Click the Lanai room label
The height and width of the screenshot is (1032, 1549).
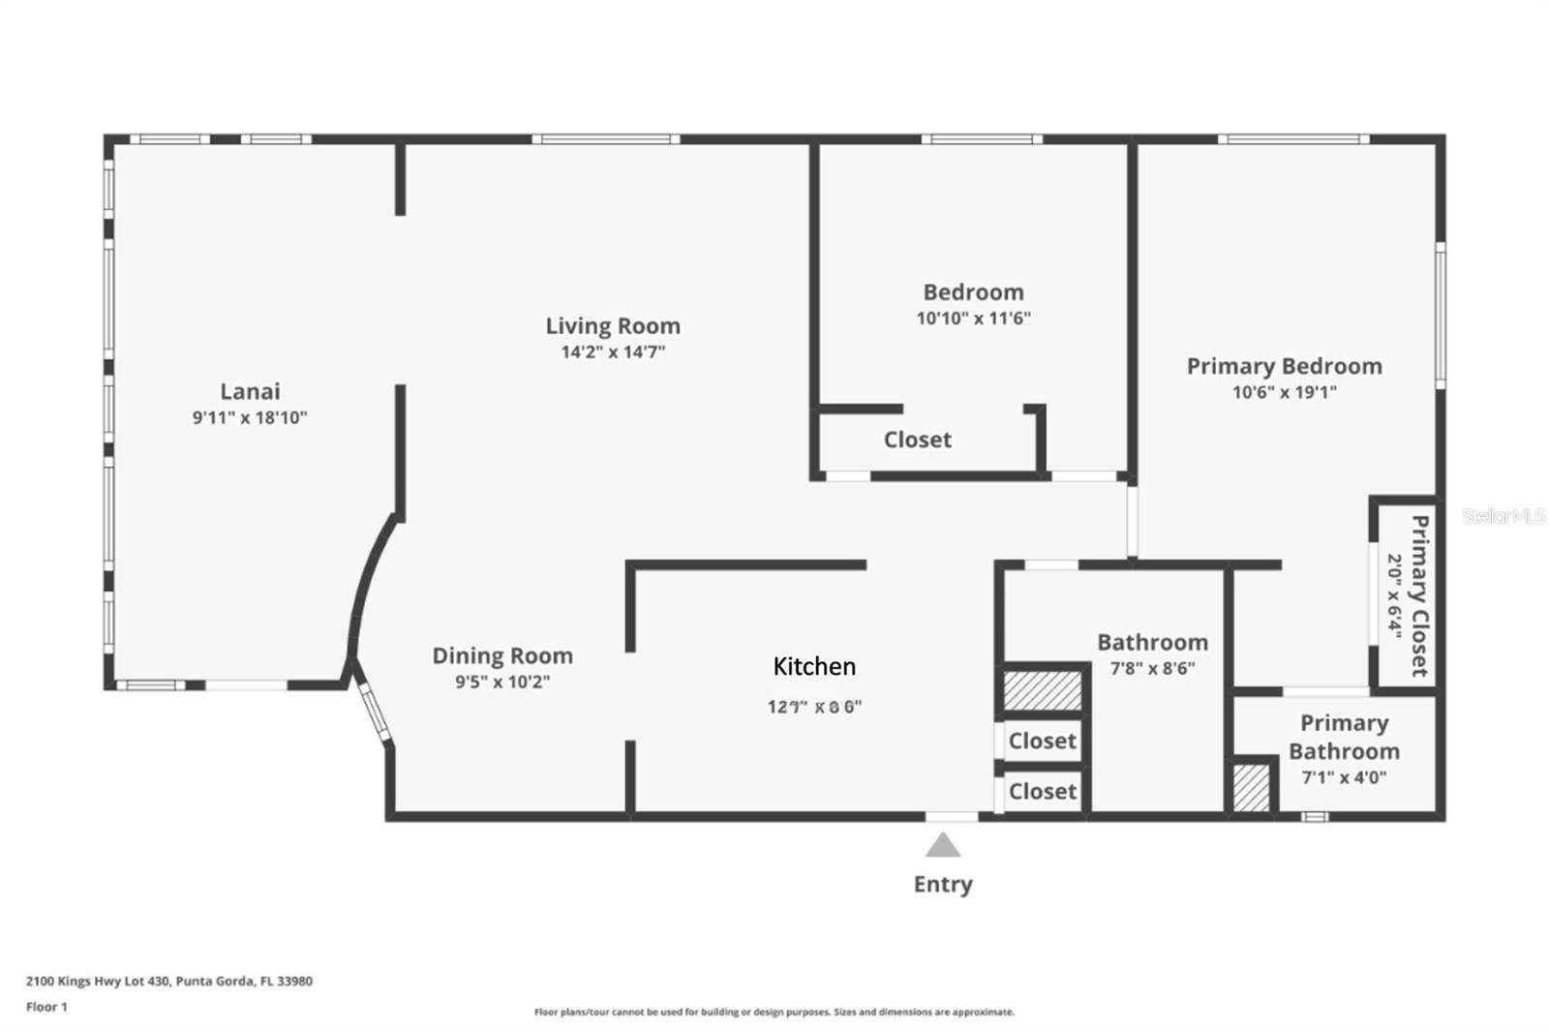pos(250,391)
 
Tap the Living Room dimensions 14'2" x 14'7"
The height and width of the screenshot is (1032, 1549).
pos(613,352)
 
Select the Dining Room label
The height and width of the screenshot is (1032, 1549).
pos(501,655)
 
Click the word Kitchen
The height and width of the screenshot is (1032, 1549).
pos(814,666)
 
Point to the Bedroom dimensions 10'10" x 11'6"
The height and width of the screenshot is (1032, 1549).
pos(973,319)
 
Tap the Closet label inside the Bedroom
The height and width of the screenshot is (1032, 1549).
pos(917,440)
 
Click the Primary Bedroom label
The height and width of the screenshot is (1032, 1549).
pos(1284,366)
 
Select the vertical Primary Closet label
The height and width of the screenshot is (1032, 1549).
pos(1419,595)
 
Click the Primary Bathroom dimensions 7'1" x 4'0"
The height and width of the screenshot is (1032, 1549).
pos(1343,777)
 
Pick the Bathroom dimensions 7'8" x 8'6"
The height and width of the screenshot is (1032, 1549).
pos(1152,668)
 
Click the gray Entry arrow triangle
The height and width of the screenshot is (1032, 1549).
pos(942,847)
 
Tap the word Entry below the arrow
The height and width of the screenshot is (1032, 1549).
pos(943,884)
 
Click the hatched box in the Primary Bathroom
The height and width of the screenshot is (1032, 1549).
pos(1251,788)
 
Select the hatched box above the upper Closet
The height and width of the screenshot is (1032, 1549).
pos(1042,690)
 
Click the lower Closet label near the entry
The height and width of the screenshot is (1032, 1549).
pos(1042,791)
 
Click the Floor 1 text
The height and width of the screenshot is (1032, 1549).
pos(46,1007)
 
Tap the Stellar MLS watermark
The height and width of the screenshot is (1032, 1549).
pos(1503,516)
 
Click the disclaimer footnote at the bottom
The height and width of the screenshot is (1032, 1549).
pos(774,1013)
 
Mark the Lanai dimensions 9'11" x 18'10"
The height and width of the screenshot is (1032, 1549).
pos(250,418)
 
